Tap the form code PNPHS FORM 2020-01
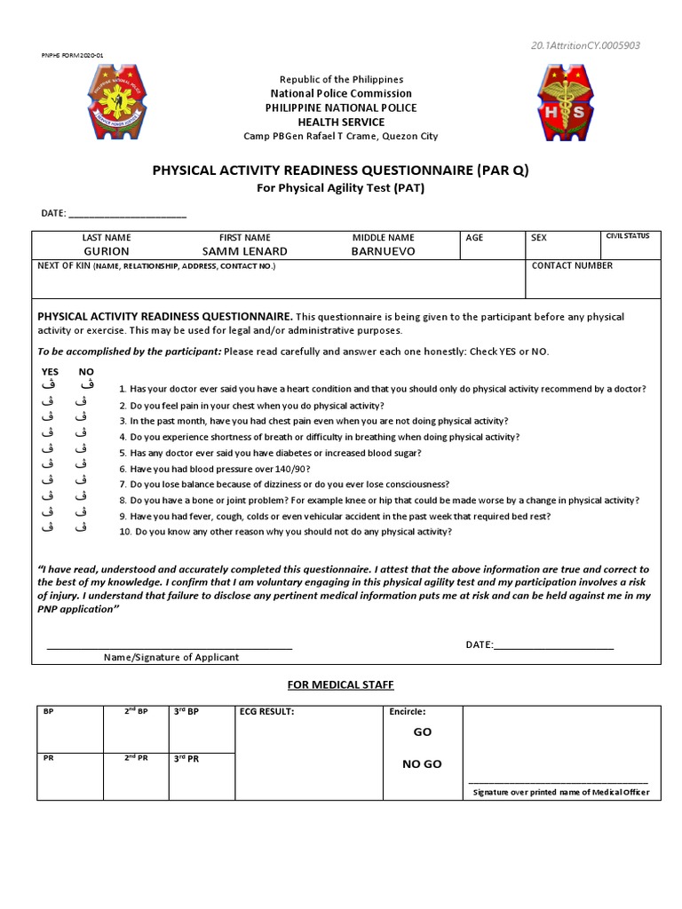(x=72, y=55)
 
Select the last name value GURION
(x=107, y=251)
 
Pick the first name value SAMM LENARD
(x=245, y=251)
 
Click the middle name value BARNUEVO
(x=384, y=251)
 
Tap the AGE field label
(x=475, y=238)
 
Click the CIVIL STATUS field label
(x=627, y=236)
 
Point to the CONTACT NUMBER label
(x=572, y=265)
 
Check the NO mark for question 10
(x=83, y=528)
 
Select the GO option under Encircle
(x=422, y=733)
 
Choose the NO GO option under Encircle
(x=422, y=764)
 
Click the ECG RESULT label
(x=266, y=712)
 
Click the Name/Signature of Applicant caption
(x=171, y=658)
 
